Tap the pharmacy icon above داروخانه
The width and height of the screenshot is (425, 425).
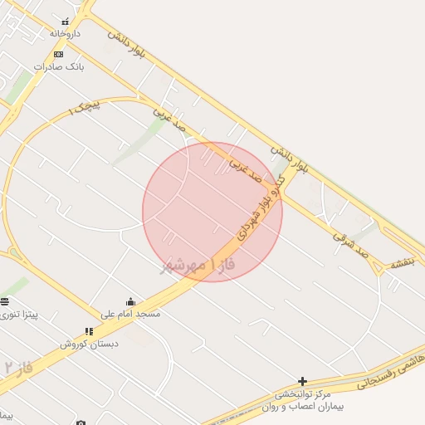coord(66,22)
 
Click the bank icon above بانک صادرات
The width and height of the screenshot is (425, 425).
coord(57,54)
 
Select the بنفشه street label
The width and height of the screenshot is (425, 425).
coord(401,263)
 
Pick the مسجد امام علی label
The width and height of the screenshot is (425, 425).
coord(130,314)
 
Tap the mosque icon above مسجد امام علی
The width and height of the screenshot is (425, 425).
coord(130,302)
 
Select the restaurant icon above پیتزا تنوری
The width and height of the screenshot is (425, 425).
coord(5,301)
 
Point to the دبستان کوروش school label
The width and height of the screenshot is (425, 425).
coord(89,343)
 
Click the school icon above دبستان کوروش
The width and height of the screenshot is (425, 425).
coord(89,331)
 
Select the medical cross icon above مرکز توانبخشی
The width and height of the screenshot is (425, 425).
coord(302,381)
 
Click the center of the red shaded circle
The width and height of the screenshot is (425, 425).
coord(212,212)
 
